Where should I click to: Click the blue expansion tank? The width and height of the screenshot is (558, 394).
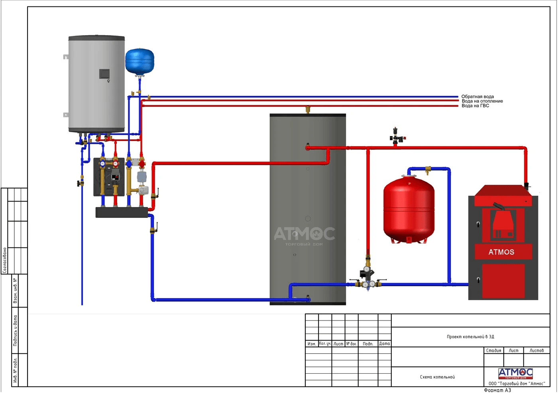139,61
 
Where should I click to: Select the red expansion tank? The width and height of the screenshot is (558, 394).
409,210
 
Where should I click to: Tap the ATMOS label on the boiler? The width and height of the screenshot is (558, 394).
501,252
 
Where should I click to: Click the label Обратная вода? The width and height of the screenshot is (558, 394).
477,97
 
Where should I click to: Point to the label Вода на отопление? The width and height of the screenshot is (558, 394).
482,101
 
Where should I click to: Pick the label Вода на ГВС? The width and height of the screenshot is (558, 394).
475,106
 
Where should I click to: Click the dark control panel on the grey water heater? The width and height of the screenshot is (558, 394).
104,74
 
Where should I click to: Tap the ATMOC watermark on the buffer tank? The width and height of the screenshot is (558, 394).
305,234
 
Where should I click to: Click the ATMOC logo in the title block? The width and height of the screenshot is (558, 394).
515,373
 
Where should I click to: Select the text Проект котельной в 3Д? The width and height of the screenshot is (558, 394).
470,337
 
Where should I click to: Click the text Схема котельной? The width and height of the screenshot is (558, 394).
437,377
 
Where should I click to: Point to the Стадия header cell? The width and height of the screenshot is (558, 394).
493,350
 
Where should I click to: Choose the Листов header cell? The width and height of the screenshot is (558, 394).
536,350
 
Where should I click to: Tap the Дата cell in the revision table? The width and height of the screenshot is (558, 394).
384,343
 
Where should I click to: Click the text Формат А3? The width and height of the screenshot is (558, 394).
497,390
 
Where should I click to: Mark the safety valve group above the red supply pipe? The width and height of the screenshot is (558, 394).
396,136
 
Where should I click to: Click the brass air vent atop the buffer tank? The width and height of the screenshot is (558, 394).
308,109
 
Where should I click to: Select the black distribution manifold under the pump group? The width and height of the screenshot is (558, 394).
122,212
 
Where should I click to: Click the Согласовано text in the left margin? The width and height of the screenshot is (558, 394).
5,260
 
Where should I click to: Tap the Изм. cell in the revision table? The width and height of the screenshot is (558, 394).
312,344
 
